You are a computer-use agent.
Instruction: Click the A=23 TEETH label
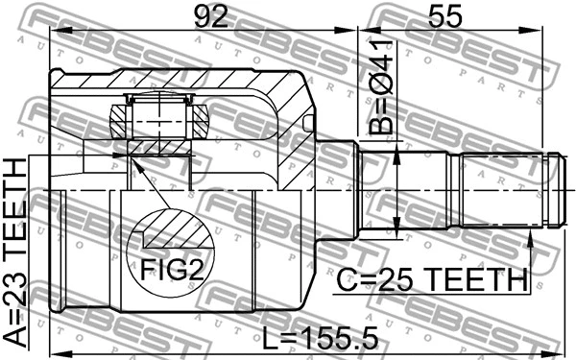(x=16, y=252)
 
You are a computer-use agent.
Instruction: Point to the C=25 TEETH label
(x=431, y=280)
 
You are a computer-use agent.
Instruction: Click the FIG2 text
(x=174, y=271)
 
